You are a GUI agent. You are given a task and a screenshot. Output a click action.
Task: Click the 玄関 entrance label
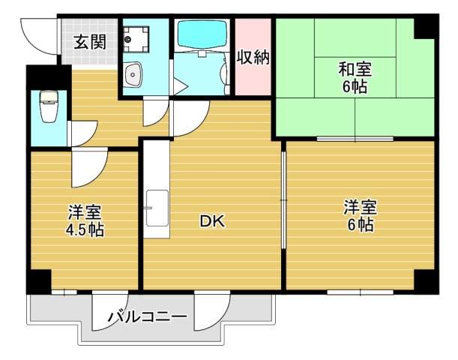tap(88, 42)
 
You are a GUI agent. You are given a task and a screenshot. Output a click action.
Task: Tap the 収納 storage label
tap(253, 57)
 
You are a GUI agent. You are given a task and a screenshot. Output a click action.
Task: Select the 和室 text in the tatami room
tap(354, 70)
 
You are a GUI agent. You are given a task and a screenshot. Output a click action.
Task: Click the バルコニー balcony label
tap(147, 317)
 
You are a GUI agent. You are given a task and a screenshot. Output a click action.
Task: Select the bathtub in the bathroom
tap(202, 34)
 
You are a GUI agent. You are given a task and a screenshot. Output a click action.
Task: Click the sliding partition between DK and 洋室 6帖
tap(283, 202)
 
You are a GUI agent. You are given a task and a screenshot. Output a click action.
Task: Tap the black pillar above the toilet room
tap(37, 77)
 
